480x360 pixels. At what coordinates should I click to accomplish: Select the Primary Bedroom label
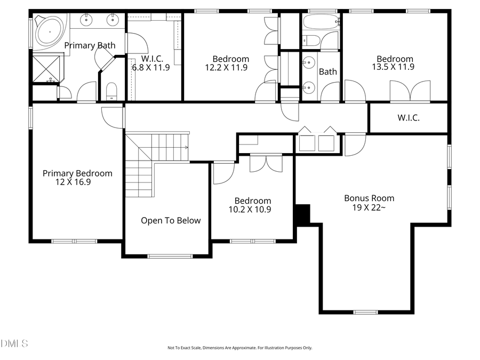[x=77, y=173]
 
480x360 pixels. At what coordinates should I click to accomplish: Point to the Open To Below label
[x=171, y=220]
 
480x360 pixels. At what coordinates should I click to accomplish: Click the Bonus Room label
[x=369, y=198]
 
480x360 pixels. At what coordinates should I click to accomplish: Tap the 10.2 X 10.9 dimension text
[x=250, y=210]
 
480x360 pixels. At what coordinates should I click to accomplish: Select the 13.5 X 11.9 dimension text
[x=395, y=67]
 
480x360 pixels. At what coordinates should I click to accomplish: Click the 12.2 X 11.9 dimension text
[x=226, y=67]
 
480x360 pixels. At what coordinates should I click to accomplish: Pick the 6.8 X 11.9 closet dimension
[x=151, y=67]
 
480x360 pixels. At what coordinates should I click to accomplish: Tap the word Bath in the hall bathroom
[x=327, y=71]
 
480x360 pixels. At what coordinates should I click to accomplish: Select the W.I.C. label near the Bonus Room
[x=408, y=118]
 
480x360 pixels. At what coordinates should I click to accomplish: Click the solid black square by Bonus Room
[x=302, y=214]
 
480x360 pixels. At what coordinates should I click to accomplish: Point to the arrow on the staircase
[x=186, y=147]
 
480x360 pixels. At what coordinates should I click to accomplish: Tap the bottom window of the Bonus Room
[x=365, y=312]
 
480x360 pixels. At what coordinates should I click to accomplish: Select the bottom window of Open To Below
[x=170, y=257]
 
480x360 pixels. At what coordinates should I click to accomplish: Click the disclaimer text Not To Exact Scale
[x=239, y=348]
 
